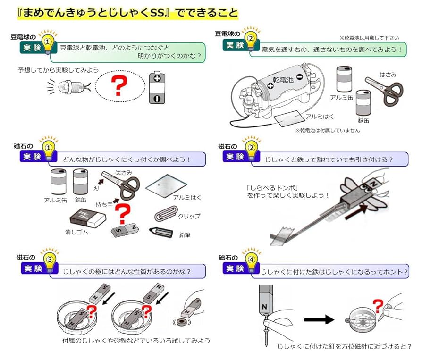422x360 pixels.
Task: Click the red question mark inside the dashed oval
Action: (x=119, y=87)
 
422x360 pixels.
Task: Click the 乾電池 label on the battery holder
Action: (x=283, y=80)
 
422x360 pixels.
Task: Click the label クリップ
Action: (x=189, y=216)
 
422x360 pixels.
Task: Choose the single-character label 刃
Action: (x=96, y=187)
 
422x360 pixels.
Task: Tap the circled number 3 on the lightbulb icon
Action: (x=48, y=260)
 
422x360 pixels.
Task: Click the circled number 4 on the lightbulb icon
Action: (x=252, y=260)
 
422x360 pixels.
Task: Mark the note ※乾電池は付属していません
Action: (x=327, y=130)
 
